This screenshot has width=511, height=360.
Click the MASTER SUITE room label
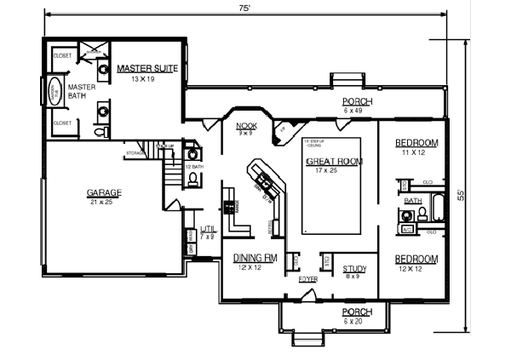(146, 68)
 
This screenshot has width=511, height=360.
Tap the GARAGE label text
(104, 193)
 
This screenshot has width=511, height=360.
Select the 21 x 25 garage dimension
(104, 203)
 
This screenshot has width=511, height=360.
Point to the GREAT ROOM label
(333, 161)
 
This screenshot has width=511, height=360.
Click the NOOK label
(245, 125)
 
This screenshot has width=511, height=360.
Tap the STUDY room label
(354, 269)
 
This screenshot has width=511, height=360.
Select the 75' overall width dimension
(244, 8)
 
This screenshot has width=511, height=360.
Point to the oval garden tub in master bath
(53, 91)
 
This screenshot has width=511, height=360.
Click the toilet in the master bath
(99, 133)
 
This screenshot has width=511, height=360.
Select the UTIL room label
(208, 228)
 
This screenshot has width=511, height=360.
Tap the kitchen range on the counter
(228, 208)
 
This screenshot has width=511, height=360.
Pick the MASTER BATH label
(82, 90)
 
